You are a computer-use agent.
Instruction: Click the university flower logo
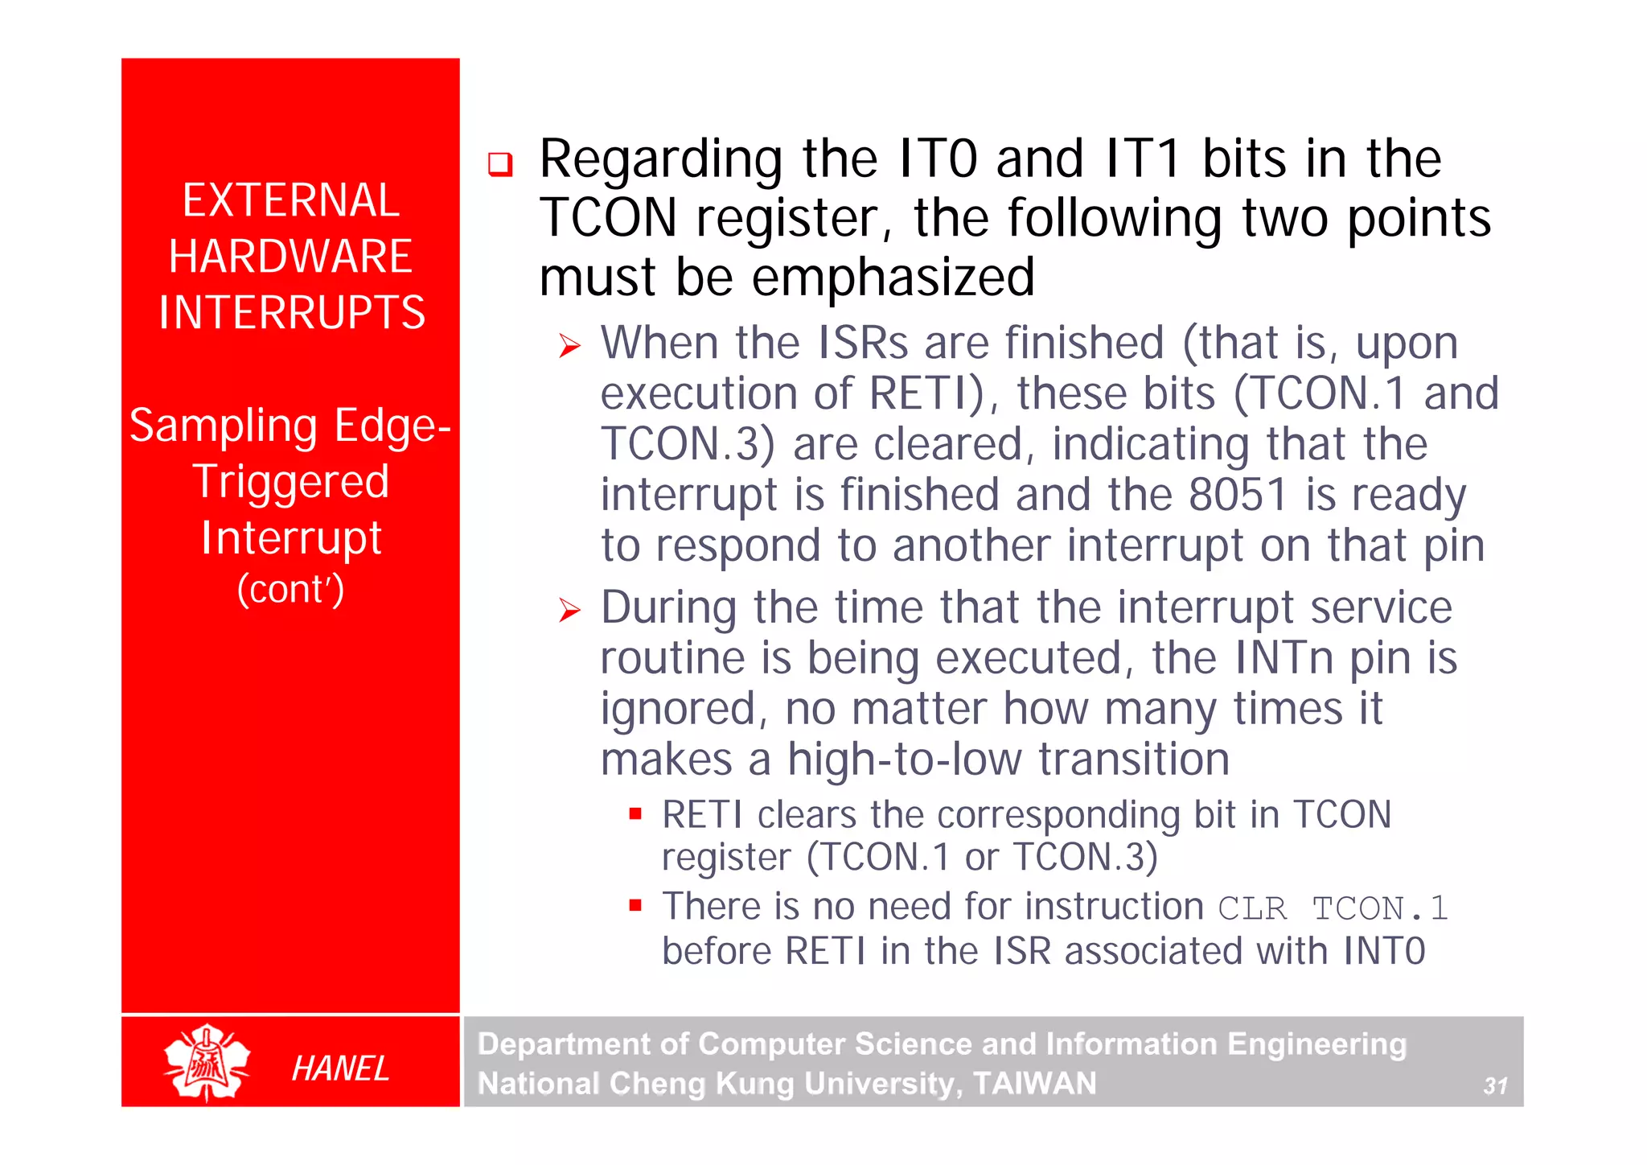coord(207,1062)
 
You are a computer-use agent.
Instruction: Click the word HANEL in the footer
coord(340,1068)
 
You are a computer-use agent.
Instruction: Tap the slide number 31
coord(1495,1086)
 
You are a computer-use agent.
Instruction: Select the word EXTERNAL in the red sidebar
coord(290,200)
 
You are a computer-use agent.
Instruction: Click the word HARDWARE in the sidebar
coord(290,257)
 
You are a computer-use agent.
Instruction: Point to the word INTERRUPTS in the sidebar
coord(291,312)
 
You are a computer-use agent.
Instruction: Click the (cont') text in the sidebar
coord(290,589)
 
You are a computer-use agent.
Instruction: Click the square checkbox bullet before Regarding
coord(500,165)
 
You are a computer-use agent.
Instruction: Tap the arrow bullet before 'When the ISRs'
coord(570,347)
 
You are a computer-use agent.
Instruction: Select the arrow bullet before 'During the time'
coord(570,611)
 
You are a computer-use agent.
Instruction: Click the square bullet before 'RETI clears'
coord(635,814)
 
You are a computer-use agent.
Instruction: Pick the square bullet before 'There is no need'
coord(635,906)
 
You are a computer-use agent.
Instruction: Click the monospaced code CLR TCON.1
coord(1333,909)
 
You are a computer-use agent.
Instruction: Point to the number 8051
coord(1238,495)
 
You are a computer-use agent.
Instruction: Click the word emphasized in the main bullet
coord(893,278)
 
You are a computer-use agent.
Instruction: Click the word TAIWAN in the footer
coord(1034,1084)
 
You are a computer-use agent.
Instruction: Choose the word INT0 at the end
coord(1383,951)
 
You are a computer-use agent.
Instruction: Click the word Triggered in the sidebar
coord(291,482)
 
